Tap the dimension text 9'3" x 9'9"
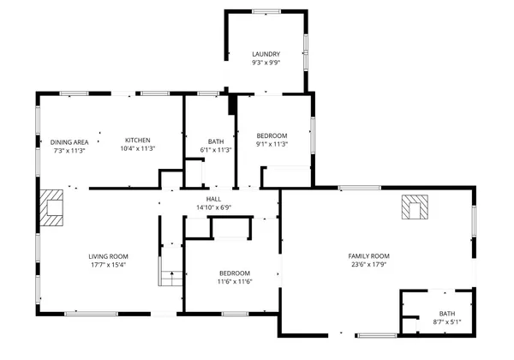click(266, 63)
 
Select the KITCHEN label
click(138, 141)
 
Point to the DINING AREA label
click(69, 142)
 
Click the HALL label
click(213, 198)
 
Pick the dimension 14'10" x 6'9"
click(213, 207)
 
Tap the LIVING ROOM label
click(108, 256)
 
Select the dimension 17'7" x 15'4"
click(108, 265)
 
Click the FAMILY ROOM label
click(368, 256)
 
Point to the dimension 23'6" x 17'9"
click(368, 265)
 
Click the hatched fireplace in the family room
click(415, 207)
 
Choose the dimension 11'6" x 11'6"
click(234, 282)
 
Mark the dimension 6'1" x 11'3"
click(216, 150)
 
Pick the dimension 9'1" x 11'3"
click(272, 144)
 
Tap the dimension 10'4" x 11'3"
click(138, 148)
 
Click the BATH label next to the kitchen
click(216, 141)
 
